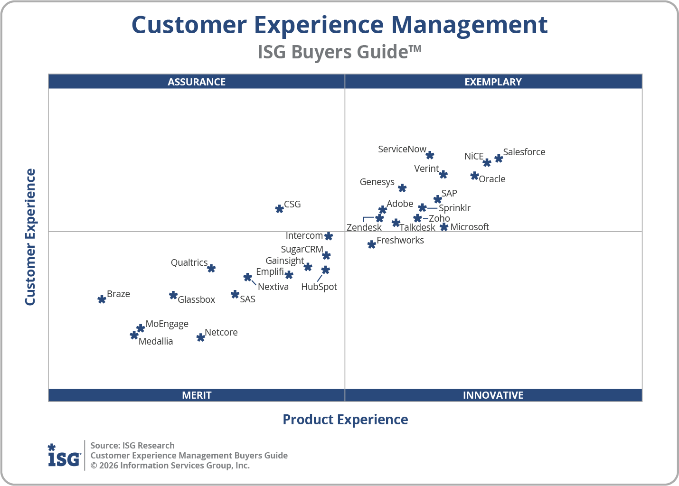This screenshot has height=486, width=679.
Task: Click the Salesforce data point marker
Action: pyautogui.click(x=499, y=159)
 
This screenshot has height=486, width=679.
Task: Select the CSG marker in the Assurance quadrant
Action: pyautogui.click(x=280, y=209)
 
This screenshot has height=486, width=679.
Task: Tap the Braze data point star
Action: pyautogui.click(x=102, y=299)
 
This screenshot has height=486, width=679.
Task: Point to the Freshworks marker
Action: pyautogui.click(x=372, y=244)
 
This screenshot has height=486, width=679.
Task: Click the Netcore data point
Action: pyautogui.click(x=201, y=337)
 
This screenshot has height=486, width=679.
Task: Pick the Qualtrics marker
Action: pyautogui.click(x=211, y=269)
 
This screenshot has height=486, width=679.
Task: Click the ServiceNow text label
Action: pyautogui.click(x=402, y=149)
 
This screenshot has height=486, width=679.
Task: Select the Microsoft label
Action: pyautogui.click(x=469, y=227)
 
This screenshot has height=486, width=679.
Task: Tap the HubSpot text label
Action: pyautogui.click(x=319, y=287)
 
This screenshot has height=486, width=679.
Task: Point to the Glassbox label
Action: pyautogui.click(x=196, y=299)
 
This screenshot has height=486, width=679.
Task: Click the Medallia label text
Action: pyautogui.click(x=156, y=341)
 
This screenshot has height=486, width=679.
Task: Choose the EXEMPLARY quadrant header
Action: pyautogui.click(x=493, y=82)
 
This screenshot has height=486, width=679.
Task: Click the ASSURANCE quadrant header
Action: pyautogui.click(x=197, y=82)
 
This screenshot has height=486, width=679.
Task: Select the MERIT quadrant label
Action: pyautogui.click(x=197, y=395)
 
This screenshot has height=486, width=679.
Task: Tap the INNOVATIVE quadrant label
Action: pyautogui.click(x=493, y=395)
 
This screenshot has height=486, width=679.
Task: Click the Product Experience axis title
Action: pyautogui.click(x=345, y=420)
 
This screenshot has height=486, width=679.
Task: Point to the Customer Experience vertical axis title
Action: pyautogui.click(x=30, y=237)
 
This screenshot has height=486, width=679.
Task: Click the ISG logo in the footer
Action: pyautogui.click(x=64, y=456)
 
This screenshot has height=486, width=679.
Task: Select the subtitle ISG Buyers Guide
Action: pyautogui.click(x=339, y=52)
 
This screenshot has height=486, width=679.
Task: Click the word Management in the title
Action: pyautogui.click(x=469, y=25)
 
